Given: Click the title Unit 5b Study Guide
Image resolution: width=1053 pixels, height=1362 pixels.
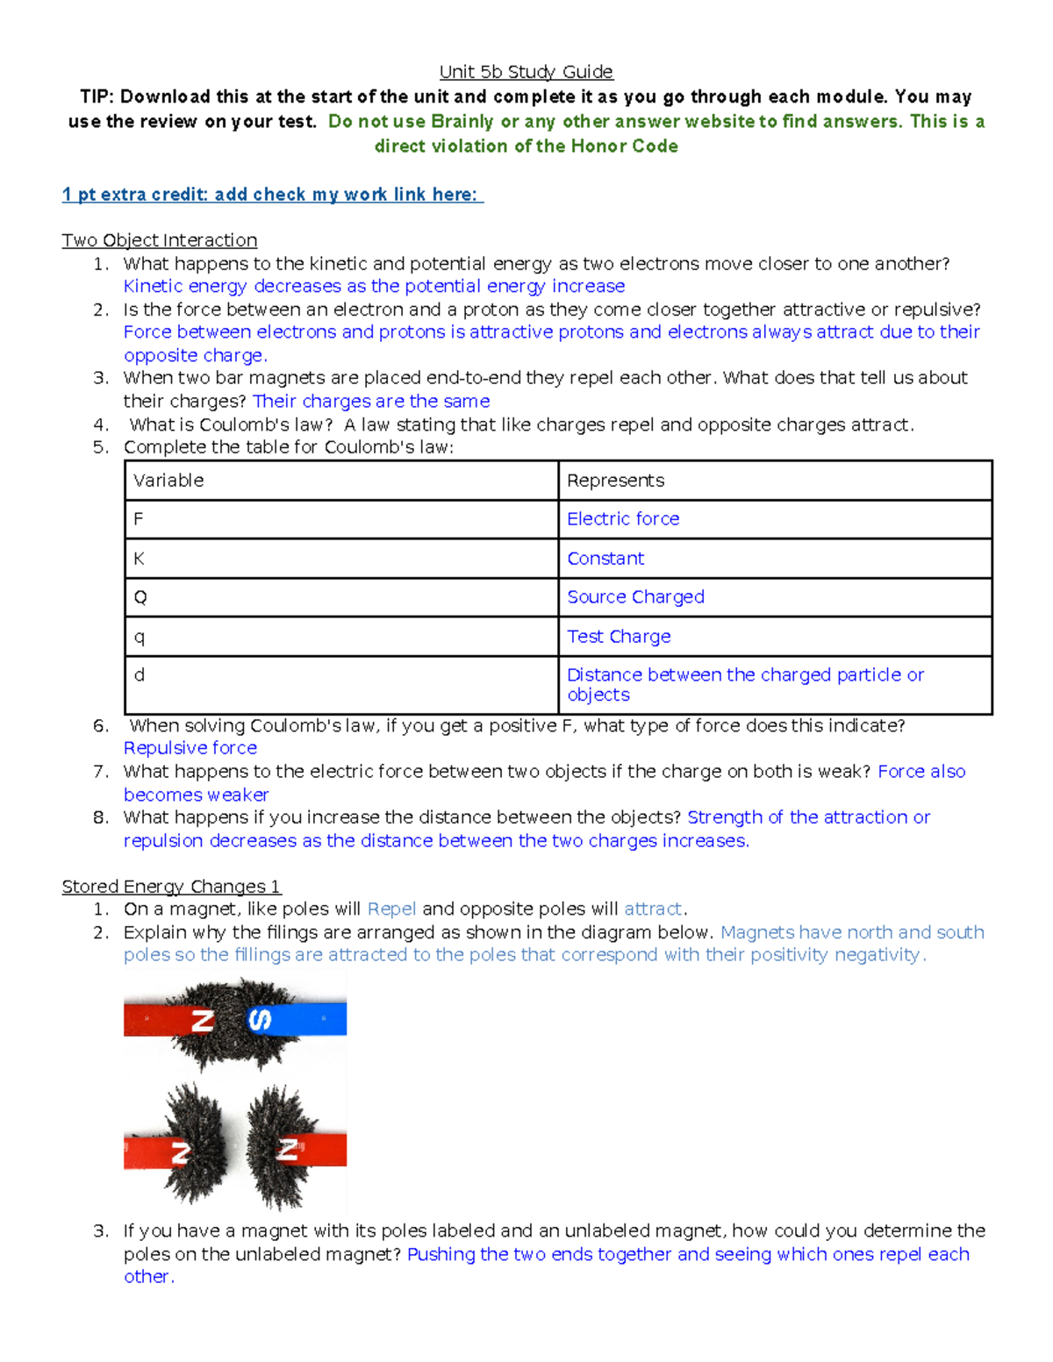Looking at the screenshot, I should pos(526,72).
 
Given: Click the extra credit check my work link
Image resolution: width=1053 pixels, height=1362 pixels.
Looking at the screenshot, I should pos(272,195).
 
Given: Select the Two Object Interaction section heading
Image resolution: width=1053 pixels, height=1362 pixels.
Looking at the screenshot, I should pos(159,240).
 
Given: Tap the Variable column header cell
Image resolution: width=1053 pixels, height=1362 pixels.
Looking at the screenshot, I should pos(341,481).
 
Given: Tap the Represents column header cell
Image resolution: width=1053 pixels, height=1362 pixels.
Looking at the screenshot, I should pos(775,481).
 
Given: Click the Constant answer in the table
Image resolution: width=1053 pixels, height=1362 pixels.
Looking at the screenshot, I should pos(605,559).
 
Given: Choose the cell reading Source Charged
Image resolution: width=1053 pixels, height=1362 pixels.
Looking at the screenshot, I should pos(635,597).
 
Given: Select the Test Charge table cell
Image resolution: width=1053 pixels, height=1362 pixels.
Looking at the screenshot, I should pos(619,637).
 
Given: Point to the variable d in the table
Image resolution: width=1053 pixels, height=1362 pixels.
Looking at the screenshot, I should pos(140,675).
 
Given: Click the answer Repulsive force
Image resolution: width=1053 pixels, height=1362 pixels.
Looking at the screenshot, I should pos(190,748).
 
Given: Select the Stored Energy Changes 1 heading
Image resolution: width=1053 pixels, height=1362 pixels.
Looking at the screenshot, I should pos(171,887).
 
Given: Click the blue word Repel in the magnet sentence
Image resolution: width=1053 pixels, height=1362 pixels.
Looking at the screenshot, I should pos(391,909).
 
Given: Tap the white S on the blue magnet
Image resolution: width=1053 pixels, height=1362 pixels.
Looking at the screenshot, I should pos(260,1020).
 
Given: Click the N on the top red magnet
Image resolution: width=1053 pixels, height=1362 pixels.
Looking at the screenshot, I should pos(203,1021).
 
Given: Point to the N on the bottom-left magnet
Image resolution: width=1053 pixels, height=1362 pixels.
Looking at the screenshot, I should pos(181,1152).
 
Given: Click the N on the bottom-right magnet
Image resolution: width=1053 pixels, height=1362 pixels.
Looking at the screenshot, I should pos(287,1149).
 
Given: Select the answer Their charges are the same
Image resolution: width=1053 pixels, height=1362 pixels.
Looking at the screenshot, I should pos(371,402).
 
